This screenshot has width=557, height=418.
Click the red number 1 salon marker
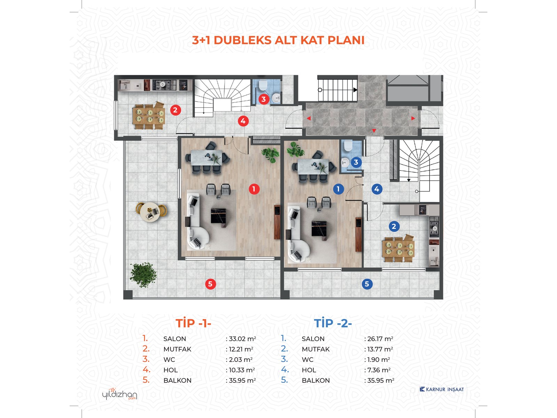(x=254, y=189)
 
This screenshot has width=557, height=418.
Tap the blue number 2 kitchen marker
(x=394, y=226)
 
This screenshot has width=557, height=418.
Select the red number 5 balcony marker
(x=210, y=284)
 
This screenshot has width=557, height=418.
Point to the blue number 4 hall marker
(x=377, y=189)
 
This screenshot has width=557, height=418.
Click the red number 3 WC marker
(x=264, y=99)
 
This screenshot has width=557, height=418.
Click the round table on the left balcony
(x=150, y=212)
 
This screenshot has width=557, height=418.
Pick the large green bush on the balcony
(x=143, y=275)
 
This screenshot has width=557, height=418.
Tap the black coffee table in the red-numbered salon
(x=218, y=216)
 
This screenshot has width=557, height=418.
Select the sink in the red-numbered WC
(x=276, y=97)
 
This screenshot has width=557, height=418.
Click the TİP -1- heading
(x=193, y=323)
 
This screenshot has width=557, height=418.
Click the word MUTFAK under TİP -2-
(x=316, y=349)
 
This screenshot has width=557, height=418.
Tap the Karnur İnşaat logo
(x=441, y=389)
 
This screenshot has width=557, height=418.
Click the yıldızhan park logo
(x=119, y=394)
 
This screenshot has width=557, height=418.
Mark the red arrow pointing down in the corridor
(x=374, y=131)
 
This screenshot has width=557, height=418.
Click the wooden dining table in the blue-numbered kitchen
(x=398, y=248)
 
